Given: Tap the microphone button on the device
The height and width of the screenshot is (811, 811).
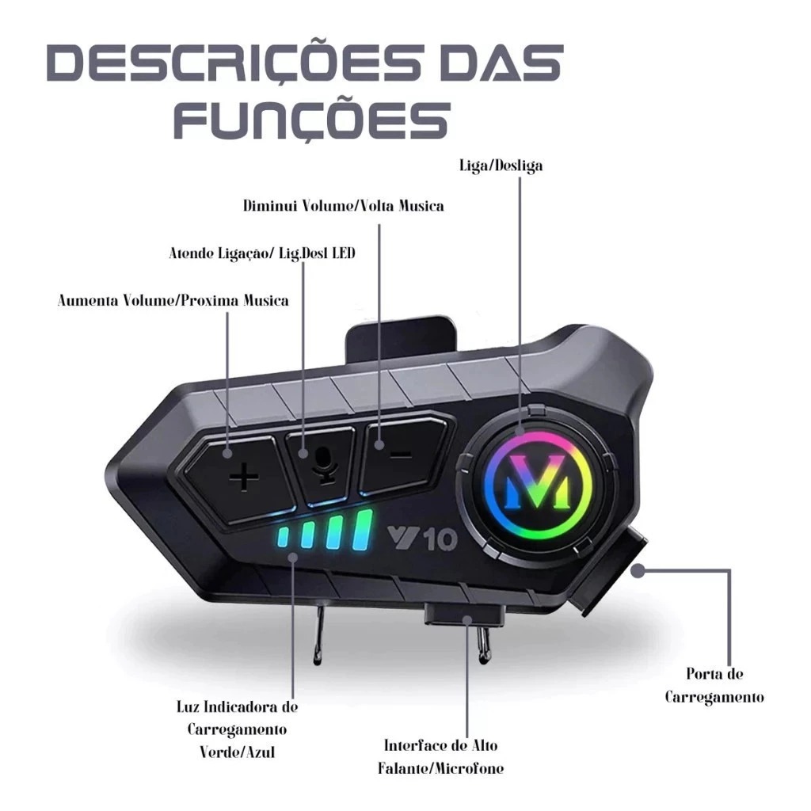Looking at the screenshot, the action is [322, 462].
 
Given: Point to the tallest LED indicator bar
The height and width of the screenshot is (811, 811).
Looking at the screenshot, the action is [362, 530].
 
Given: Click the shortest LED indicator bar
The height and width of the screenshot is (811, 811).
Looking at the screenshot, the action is [284, 537].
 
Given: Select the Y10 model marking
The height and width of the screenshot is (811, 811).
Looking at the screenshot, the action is [422, 539].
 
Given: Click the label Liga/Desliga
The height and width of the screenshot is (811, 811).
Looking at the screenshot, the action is [501, 166].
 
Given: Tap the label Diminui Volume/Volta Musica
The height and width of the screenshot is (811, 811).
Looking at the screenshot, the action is [344, 206].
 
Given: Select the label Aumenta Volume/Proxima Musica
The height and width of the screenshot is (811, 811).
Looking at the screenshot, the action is [173, 300].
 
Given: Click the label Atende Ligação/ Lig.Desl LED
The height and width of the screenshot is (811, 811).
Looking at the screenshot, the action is [262, 253].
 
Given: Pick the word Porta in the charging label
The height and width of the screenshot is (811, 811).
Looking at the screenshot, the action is [699, 673].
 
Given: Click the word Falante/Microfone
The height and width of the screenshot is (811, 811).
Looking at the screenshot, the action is [440, 768].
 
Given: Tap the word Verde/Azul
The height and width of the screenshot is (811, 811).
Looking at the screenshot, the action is [238, 752].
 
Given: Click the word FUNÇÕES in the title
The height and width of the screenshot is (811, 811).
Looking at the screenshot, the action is [311, 120].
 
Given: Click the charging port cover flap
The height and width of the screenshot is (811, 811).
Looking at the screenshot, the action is [611, 572].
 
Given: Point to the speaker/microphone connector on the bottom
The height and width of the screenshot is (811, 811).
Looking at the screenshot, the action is [464, 615].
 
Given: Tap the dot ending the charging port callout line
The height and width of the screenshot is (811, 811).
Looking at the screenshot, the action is [638, 571].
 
